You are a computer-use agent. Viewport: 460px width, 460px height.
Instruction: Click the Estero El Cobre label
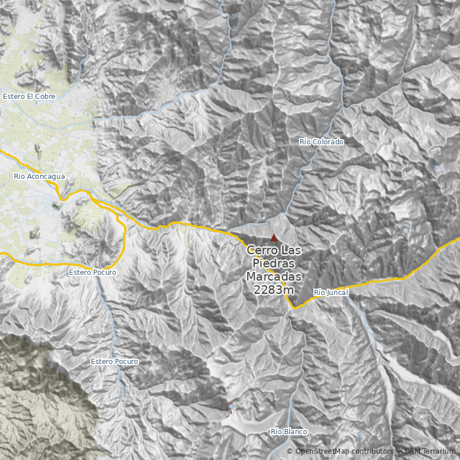[29, 97]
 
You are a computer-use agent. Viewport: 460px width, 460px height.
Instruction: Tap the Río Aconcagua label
[39, 176]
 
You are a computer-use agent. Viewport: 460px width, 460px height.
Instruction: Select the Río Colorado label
[321, 141]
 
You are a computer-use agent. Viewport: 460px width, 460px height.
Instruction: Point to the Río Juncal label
[331, 293]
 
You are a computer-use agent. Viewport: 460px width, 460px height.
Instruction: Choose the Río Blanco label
[289, 431]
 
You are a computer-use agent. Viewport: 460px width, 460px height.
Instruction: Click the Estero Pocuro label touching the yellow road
[92, 272]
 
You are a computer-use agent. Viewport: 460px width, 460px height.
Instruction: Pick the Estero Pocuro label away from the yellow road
[114, 362]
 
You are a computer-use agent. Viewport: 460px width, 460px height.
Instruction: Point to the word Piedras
[274, 263]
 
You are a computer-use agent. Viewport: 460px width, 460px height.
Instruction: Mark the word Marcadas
[274, 277]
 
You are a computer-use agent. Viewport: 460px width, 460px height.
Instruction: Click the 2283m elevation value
[274, 289]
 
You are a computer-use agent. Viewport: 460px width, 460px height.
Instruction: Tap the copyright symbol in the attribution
[290, 451]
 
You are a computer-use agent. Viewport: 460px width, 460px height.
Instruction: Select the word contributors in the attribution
[372, 451]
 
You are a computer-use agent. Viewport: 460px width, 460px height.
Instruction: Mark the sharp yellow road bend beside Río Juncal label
[293, 308]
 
